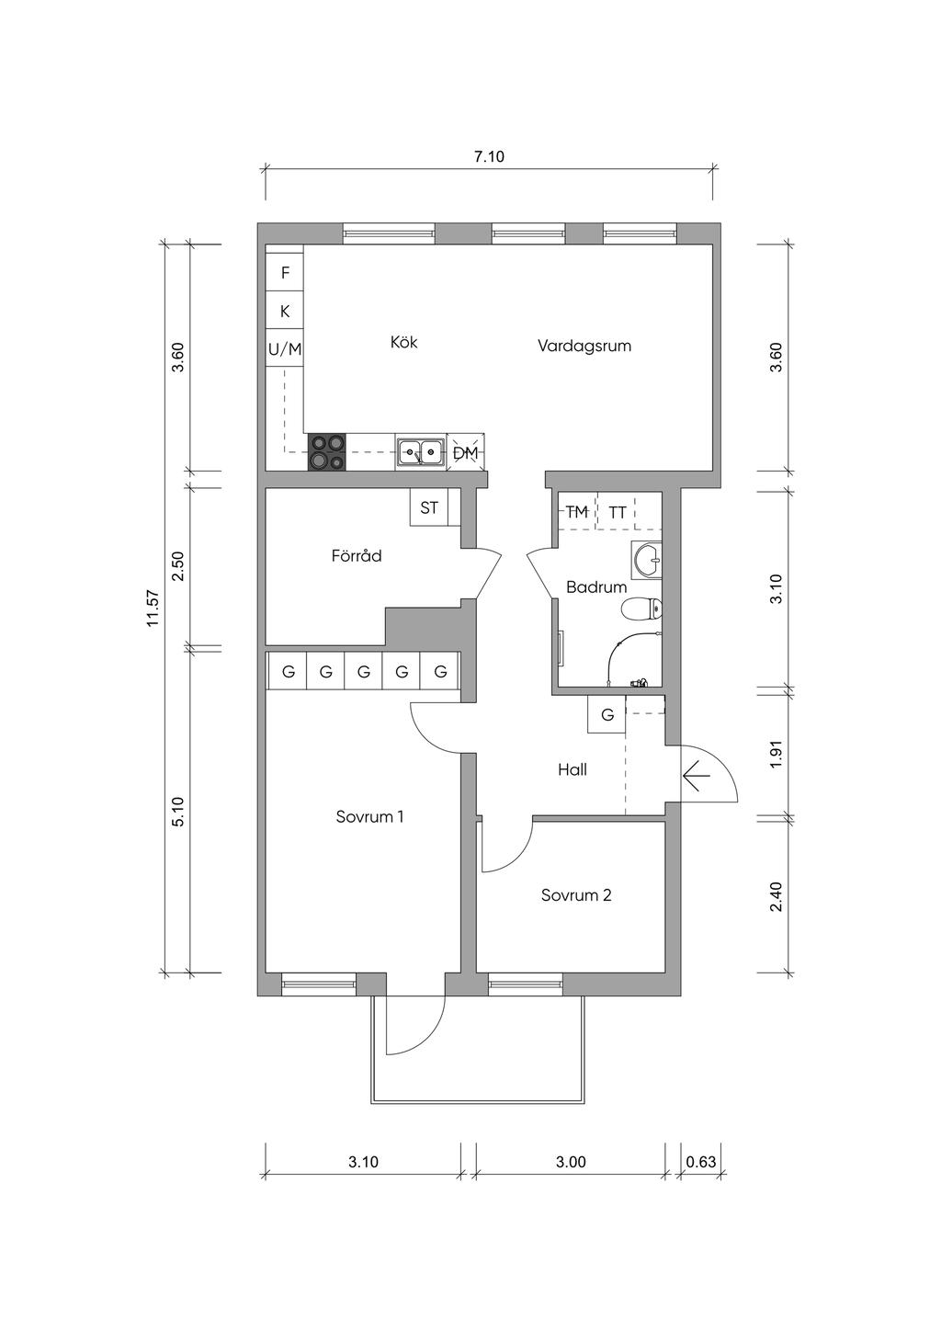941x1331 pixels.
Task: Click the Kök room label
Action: click(404, 342)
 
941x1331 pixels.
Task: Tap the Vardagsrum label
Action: click(584, 346)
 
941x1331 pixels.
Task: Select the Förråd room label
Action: click(357, 556)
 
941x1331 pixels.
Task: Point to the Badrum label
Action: click(596, 587)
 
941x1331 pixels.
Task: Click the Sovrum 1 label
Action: click(369, 817)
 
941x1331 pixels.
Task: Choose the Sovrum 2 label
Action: click(575, 895)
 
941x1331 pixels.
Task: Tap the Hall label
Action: click(573, 770)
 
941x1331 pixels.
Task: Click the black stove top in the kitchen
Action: click(327, 451)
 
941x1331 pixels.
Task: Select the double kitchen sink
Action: click(421, 452)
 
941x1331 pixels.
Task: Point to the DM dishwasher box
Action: click(466, 453)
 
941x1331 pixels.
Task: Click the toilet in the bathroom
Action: click(641, 609)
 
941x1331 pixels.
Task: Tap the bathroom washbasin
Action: click(648, 559)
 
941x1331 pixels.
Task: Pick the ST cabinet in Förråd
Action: click(429, 508)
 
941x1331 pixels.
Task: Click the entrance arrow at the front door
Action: click(697, 776)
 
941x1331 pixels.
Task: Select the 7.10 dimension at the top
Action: click(490, 156)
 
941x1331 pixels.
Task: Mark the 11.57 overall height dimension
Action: click(154, 608)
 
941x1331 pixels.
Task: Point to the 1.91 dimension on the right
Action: click(776, 755)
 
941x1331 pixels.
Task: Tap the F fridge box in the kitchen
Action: click(285, 273)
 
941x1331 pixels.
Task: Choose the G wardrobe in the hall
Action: click(607, 714)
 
